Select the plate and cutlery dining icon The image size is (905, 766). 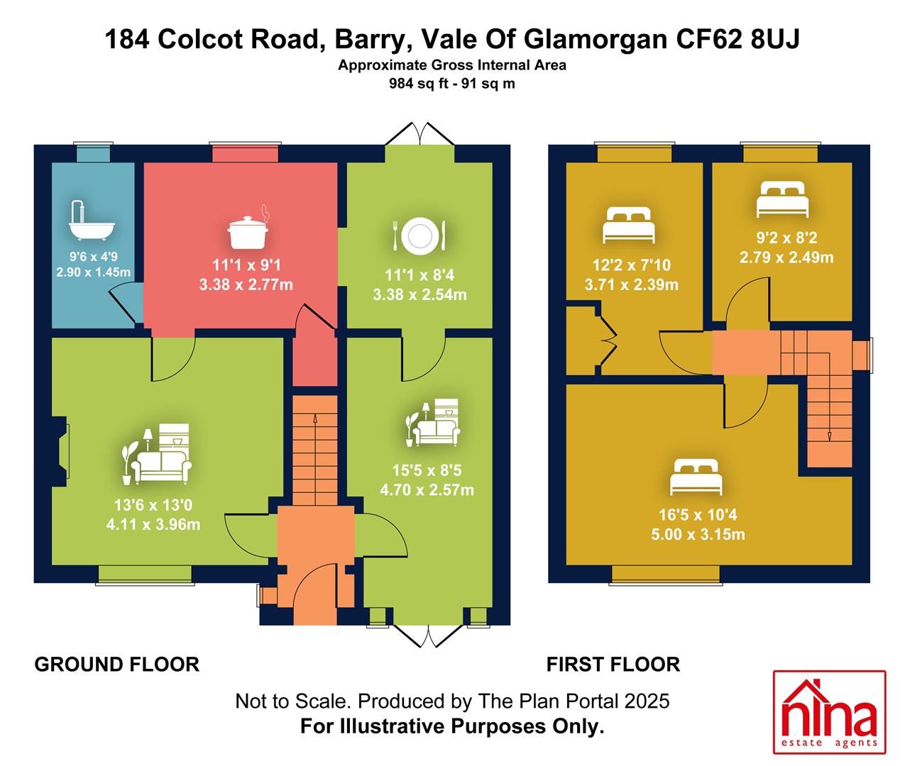(419, 235)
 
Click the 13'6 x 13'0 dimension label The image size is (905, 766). (153, 505)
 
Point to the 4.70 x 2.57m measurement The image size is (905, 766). (427, 490)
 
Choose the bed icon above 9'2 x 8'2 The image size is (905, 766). (782, 199)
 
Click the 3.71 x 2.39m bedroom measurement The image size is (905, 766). (631, 285)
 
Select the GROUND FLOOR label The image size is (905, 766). (117, 665)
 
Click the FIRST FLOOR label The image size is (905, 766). (613, 665)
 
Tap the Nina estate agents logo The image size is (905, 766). (829, 712)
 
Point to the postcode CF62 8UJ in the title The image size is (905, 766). (738, 39)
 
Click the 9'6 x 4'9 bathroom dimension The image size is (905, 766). (93, 256)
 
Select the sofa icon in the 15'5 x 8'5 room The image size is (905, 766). (432, 423)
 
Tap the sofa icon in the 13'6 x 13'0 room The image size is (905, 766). (156, 454)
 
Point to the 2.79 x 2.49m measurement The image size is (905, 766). (786, 257)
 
